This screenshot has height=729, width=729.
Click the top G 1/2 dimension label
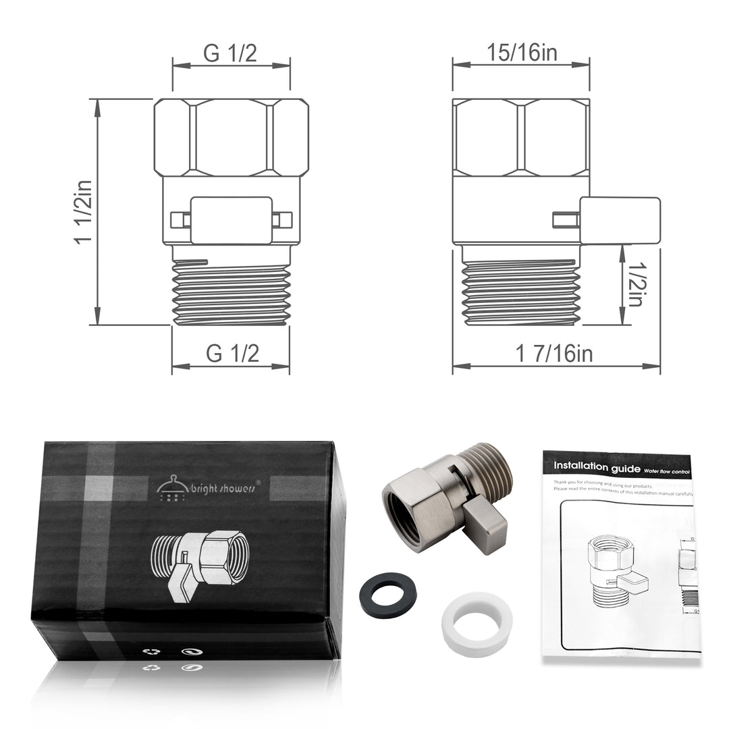point(231,54)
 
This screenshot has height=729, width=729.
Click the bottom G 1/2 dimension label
point(232,353)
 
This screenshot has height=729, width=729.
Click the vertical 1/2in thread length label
point(634,284)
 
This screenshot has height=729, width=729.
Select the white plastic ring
point(467,616)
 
